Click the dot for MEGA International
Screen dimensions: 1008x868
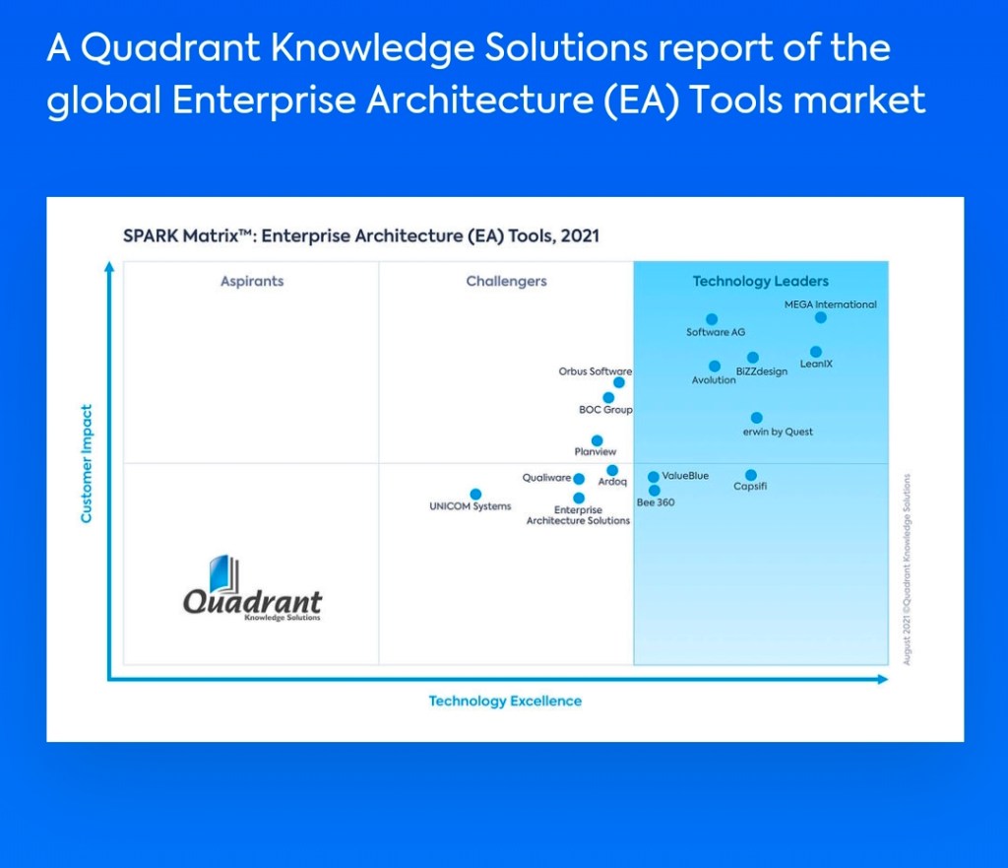820,317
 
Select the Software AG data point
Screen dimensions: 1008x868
712,319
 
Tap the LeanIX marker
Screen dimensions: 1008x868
816,352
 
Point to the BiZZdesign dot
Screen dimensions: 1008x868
753,357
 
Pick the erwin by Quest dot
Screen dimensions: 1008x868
757,418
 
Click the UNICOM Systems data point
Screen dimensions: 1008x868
475,495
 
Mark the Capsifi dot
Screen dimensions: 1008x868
751,475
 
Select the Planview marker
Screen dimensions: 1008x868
598,440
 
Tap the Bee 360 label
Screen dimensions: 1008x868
656,502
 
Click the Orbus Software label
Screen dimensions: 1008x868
596,371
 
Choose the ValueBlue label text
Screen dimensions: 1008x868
685,476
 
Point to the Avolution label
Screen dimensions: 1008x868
714,380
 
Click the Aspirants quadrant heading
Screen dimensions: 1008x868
252,281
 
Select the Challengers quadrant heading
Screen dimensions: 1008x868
507,281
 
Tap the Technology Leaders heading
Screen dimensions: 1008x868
761,281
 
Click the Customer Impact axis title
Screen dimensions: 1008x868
87,463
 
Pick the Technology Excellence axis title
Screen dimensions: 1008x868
505,701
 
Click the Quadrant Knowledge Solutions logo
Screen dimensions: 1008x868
252,588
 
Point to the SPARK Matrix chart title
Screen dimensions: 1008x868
361,236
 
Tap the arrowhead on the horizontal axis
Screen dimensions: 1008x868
883,679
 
